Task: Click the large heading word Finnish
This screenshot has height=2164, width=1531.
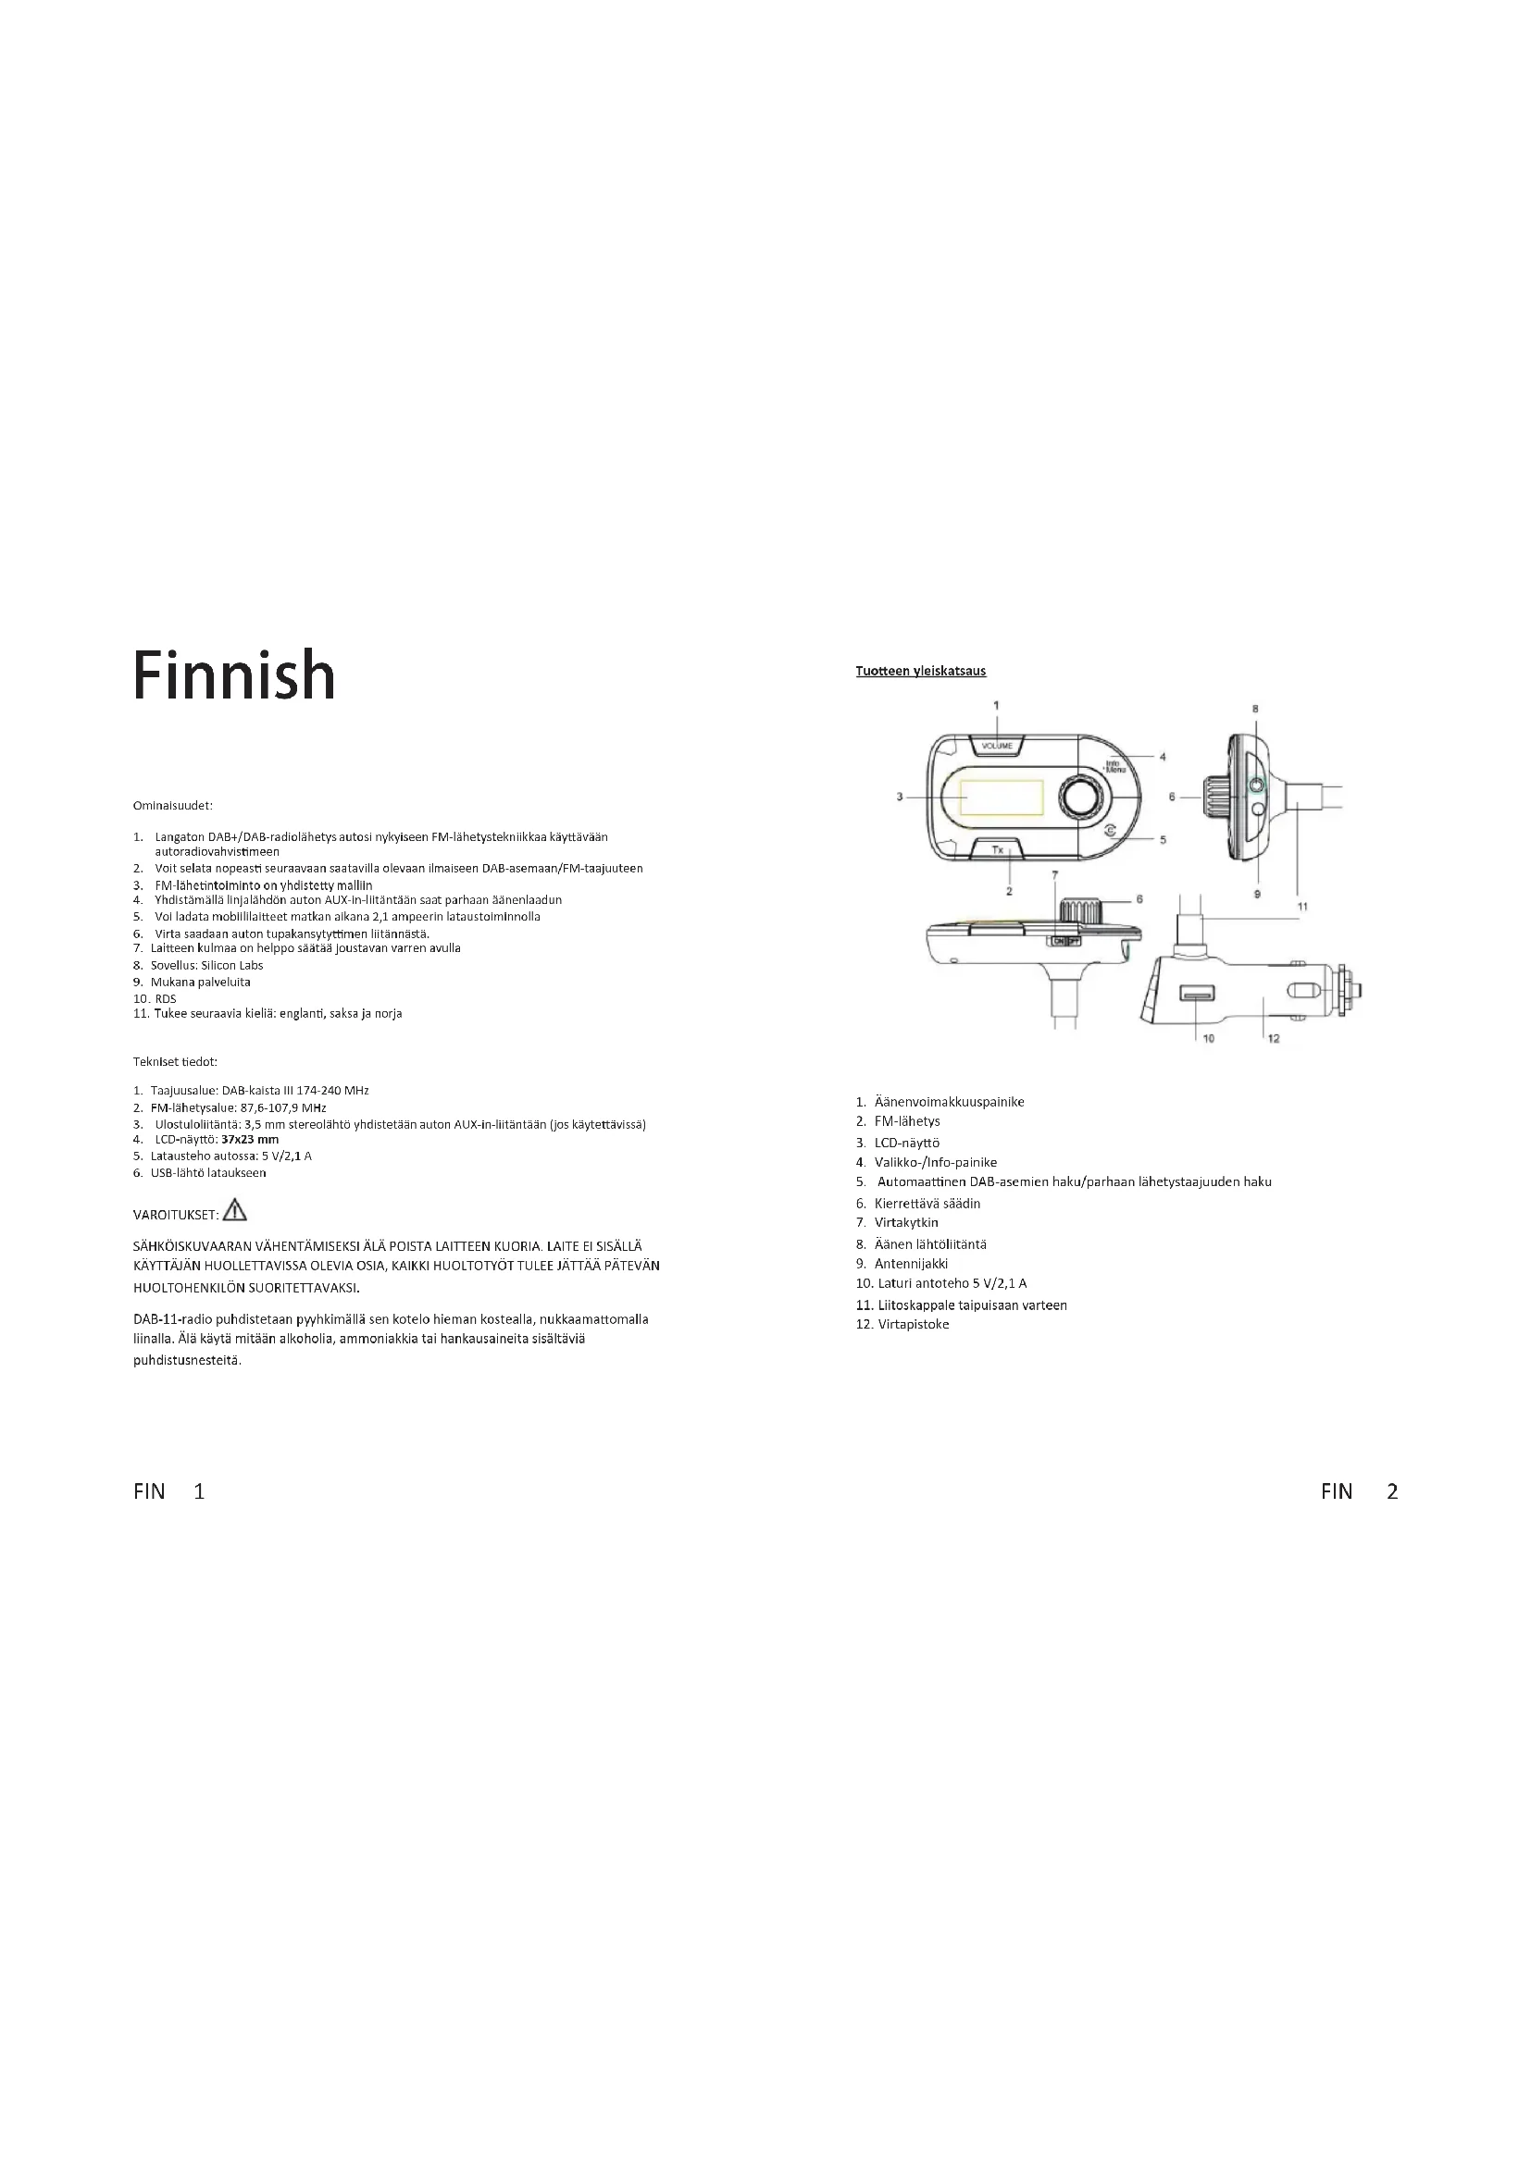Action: pyautogui.click(x=234, y=675)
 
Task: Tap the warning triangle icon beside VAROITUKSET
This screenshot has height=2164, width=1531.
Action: pyautogui.click(x=234, y=1210)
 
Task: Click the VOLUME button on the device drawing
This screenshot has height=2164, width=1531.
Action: pyautogui.click(x=997, y=746)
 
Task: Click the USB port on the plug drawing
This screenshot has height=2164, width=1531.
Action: pyautogui.click(x=1194, y=995)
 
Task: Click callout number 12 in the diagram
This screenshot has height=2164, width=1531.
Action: pyautogui.click(x=1274, y=1039)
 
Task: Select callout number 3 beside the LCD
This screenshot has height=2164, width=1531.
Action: pyautogui.click(x=900, y=797)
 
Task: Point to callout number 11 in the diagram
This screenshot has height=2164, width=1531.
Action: pyautogui.click(x=1302, y=907)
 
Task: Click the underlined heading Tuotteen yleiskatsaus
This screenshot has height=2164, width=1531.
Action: pyautogui.click(x=920, y=671)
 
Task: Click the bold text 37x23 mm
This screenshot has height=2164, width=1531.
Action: pyautogui.click(x=256, y=1140)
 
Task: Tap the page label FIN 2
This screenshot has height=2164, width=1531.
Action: pyautogui.click(x=1359, y=1491)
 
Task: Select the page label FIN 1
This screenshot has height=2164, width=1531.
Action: pyautogui.click(x=168, y=1491)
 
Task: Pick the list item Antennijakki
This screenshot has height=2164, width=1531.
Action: pyautogui.click(x=911, y=1264)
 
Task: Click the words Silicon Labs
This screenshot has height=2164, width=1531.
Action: pyautogui.click(x=232, y=965)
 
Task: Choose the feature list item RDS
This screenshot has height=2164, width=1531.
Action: pyautogui.click(x=165, y=998)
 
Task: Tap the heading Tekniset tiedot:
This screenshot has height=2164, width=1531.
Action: pyautogui.click(x=175, y=1062)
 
